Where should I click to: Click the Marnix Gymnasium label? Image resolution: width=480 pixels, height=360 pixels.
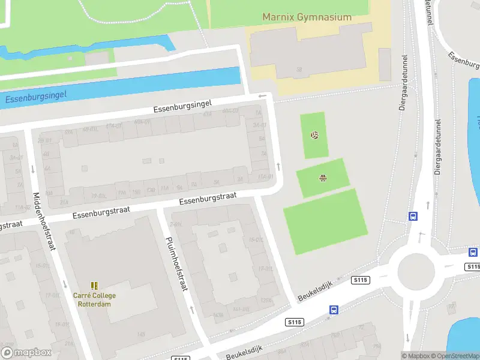[x=307, y=17]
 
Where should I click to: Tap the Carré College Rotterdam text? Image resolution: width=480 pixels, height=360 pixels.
[x=94, y=299]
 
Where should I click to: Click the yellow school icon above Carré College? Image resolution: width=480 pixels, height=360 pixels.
[x=94, y=286]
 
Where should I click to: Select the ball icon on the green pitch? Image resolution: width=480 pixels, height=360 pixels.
[x=314, y=135]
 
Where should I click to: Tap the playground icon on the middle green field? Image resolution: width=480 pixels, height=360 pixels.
[x=323, y=177]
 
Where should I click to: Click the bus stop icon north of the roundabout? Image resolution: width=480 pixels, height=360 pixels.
[x=413, y=217]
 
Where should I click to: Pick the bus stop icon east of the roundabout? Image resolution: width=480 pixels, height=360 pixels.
[x=473, y=253]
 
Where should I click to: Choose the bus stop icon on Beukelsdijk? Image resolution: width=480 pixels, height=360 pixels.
[x=334, y=310]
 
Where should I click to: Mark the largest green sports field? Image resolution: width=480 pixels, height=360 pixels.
[x=325, y=221]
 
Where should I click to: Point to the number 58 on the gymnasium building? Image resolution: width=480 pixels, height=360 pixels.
[x=298, y=70]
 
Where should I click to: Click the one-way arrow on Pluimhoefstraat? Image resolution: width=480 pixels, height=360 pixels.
[x=192, y=310]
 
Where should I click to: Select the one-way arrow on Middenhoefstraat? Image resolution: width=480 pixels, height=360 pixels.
[x=65, y=284]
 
